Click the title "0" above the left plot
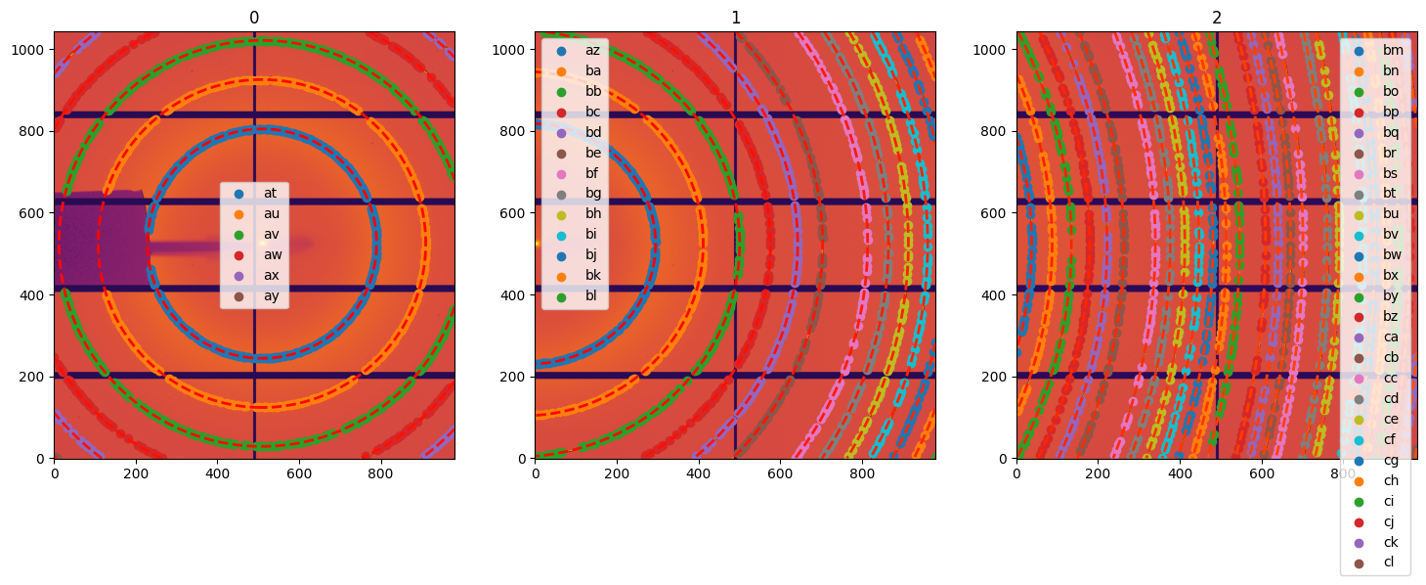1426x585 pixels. click(x=254, y=18)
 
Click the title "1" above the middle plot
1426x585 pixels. click(x=735, y=18)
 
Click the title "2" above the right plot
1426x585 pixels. click(x=1217, y=18)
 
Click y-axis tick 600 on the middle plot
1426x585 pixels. click(x=517, y=212)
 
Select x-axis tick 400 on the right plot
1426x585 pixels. click(x=1180, y=472)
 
